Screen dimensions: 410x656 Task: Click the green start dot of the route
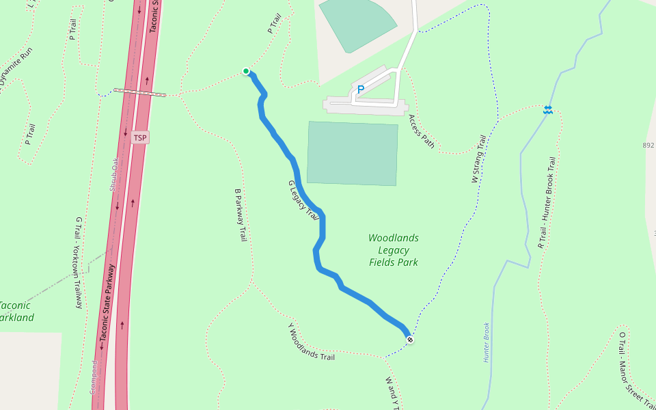[x=246, y=71]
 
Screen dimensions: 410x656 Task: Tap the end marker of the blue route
[x=410, y=340]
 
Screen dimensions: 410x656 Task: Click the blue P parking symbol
[x=361, y=89]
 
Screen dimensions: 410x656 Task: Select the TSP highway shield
[x=140, y=138]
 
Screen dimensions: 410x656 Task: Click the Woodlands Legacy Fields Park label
[x=394, y=250]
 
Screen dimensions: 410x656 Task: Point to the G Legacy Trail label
[x=304, y=200]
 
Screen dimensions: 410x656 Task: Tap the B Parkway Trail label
[x=241, y=215]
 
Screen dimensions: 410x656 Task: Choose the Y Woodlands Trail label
[x=312, y=342]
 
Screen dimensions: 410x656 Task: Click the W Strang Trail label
[x=478, y=159]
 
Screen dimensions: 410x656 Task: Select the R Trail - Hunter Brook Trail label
[x=547, y=202]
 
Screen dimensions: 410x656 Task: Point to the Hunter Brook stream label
[x=487, y=342]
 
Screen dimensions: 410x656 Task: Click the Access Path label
[x=422, y=131]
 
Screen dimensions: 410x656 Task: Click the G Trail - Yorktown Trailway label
[x=79, y=262]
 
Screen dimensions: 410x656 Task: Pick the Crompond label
[x=94, y=377]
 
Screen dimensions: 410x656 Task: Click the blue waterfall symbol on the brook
[x=548, y=110]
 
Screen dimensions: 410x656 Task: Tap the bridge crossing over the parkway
[x=139, y=92]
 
